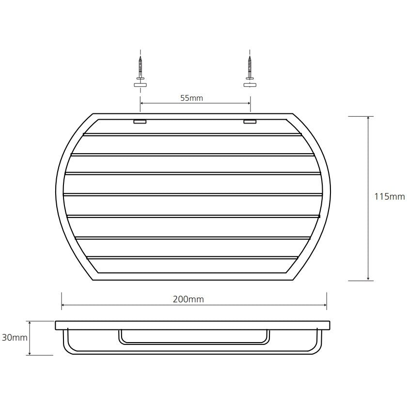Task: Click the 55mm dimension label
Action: point(191,98)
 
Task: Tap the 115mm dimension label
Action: point(390,197)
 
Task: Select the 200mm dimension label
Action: point(188,299)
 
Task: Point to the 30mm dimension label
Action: point(15,337)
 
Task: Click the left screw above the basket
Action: point(141,67)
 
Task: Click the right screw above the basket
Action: point(250,67)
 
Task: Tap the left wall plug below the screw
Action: point(141,85)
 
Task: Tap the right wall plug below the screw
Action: point(250,85)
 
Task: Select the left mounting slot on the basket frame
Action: point(140,122)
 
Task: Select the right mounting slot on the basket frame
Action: point(250,122)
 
